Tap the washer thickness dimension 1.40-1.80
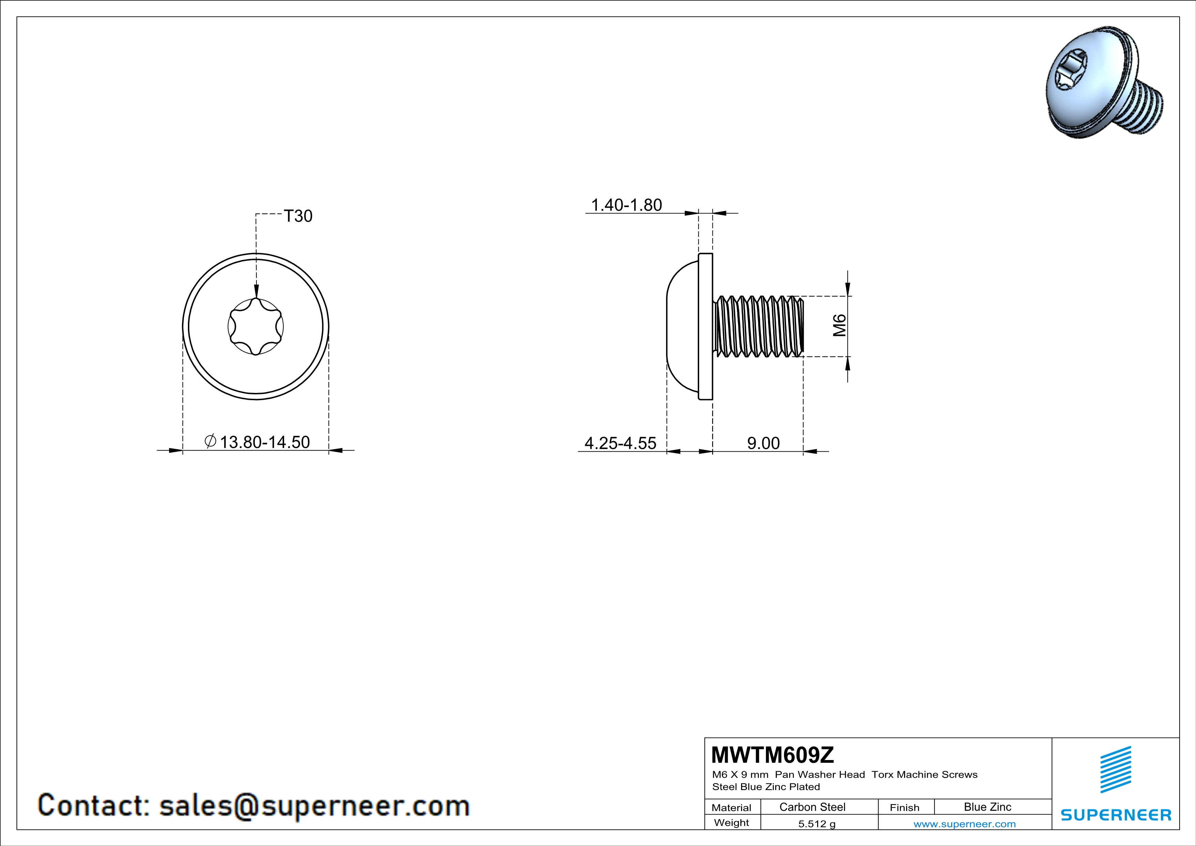click(x=627, y=205)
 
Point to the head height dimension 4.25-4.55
click(x=620, y=443)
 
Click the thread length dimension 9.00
click(x=764, y=443)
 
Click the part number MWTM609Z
click(x=772, y=755)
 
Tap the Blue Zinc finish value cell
click(x=988, y=807)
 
